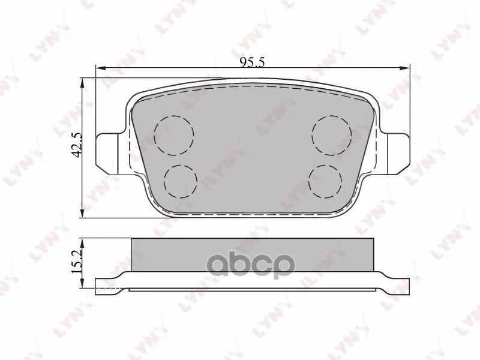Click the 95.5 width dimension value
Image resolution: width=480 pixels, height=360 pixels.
pyautogui.click(x=252, y=62)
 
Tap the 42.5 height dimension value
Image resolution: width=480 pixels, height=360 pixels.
pyautogui.click(x=77, y=145)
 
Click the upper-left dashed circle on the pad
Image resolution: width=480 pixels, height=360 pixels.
pyautogui.click(x=174, y=135)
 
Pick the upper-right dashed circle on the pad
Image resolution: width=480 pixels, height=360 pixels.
pyautogui.click(x=332, y=135)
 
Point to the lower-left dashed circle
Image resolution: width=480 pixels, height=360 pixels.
pyautogui.click(x=181, y=181)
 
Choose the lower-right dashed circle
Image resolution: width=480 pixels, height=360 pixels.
pyautogui.click(x=325, y=181)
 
